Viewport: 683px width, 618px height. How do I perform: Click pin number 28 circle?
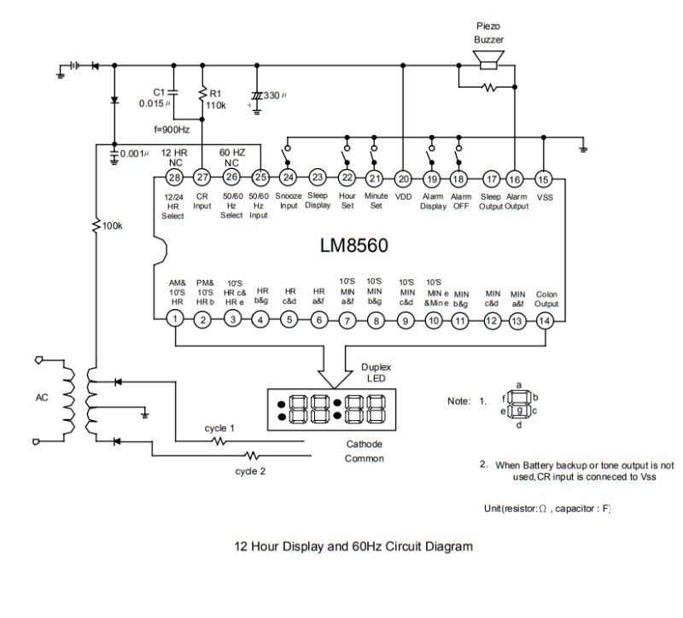(174, 178)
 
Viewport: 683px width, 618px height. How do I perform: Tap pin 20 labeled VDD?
(403, 178)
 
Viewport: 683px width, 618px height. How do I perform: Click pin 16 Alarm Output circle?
(515, 178)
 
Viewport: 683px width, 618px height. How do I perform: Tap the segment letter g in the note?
(519, 399)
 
